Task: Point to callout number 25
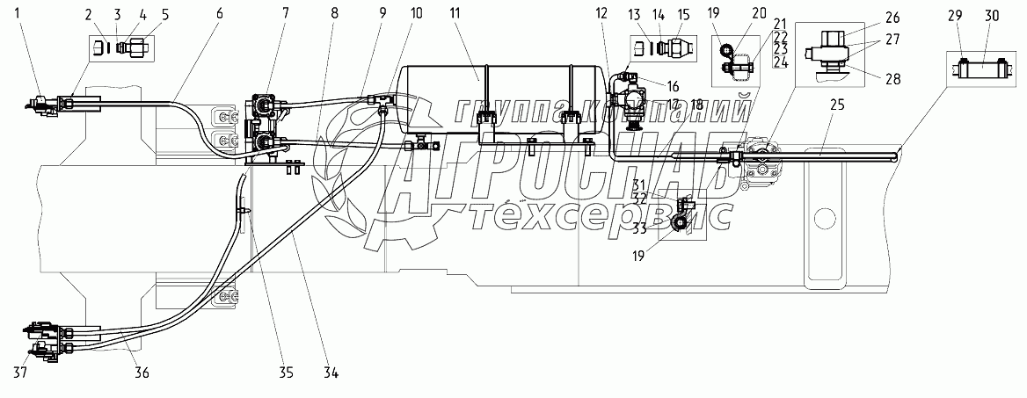point(836,105)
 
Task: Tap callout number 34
point(331,371)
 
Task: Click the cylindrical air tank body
point(501,97)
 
